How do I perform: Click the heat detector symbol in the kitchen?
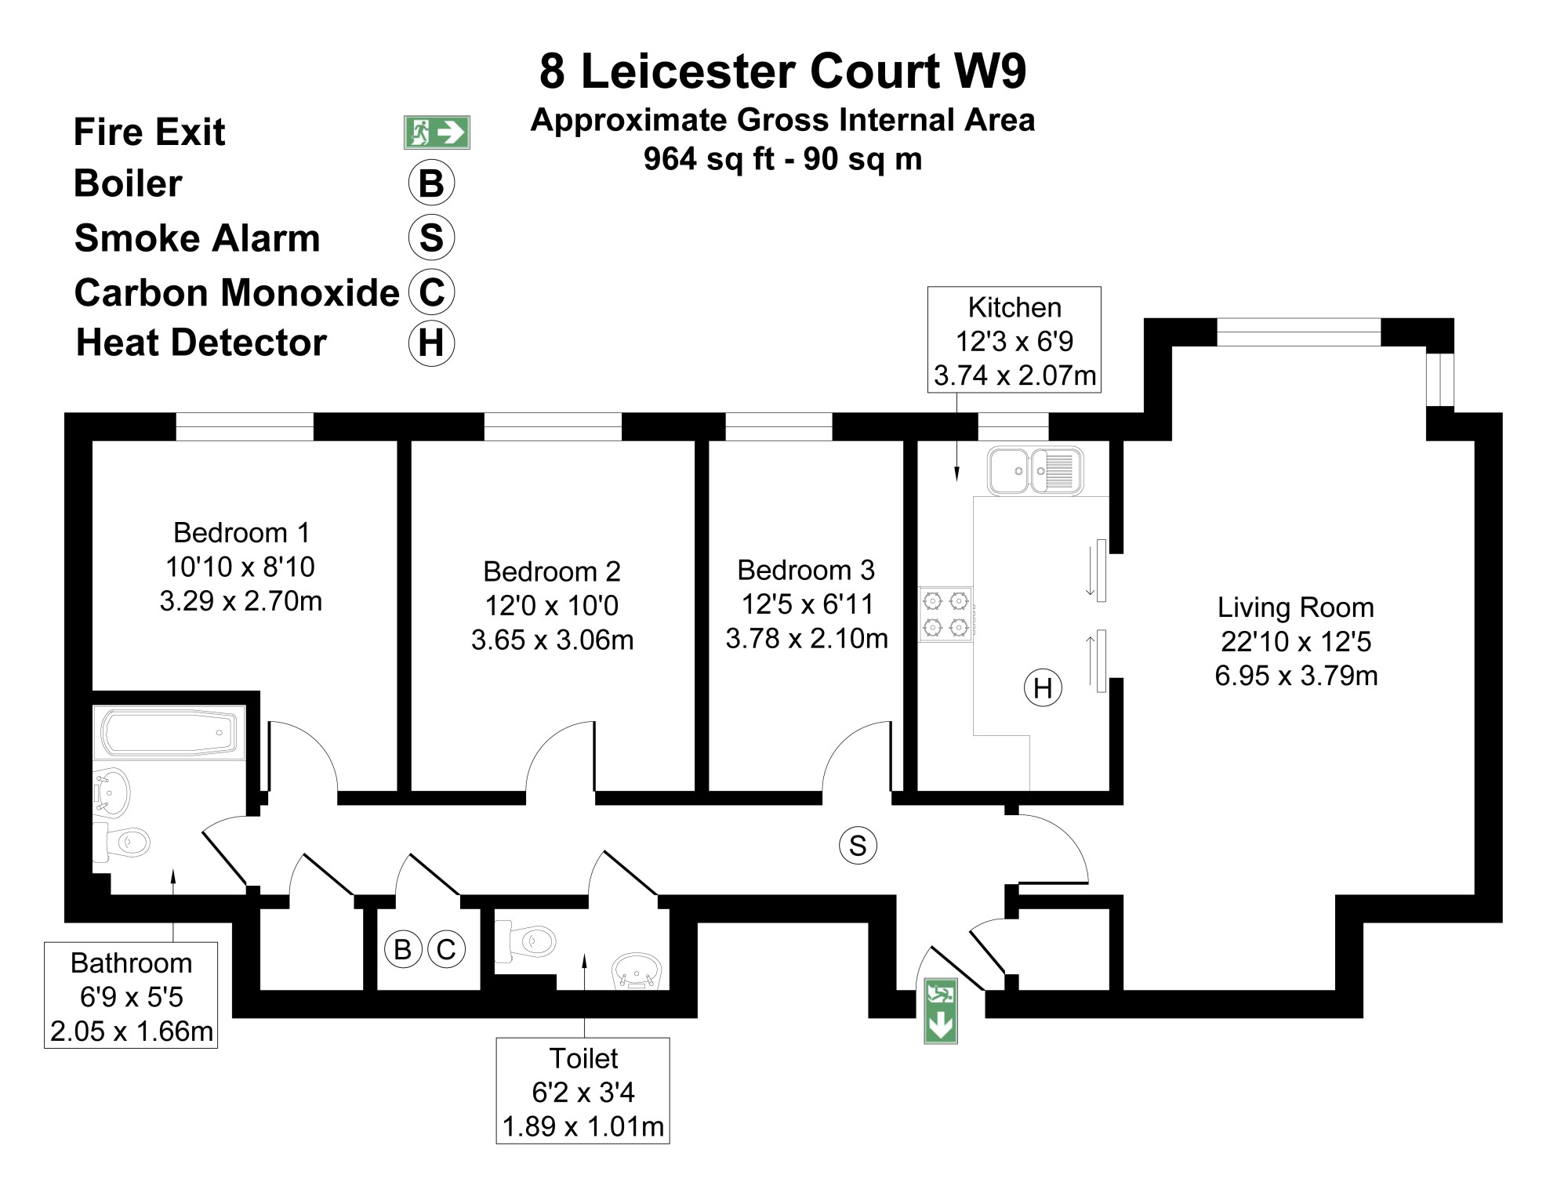[x=1043, y=688]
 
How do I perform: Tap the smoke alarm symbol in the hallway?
[x=858, y=846]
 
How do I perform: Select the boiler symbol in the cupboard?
[x=403, y=949]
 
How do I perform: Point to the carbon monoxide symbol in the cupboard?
[x=445, y=949]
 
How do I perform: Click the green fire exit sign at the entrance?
[x=940, y=1010]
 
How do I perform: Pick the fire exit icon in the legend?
[x=437, y=132]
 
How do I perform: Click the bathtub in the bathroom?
[x=169, y=733]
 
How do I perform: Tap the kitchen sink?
[x=1035, y=470]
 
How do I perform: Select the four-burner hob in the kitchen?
[x=946, y=614]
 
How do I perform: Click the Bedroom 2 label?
[x=552, y=571]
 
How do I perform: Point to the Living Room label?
[x=1295, y=607]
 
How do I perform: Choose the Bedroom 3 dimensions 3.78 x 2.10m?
[x=807, y=639]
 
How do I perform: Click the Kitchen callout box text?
[x=1014, y=341]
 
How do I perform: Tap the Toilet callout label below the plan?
[x=583, y=1058]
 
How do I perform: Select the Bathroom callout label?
[x=131, y=962]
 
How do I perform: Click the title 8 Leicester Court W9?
[x=782, y=71]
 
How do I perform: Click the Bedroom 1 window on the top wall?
[x=245, y=427]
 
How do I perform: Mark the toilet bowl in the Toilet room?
[x=526, y=941]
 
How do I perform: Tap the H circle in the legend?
[x=431, y=343]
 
